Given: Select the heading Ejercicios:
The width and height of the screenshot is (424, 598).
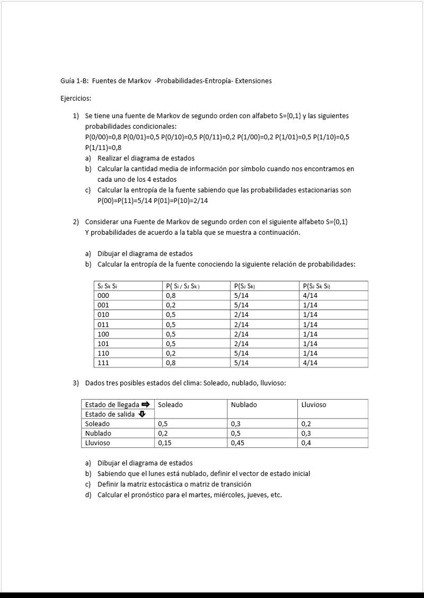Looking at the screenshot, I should coord(76,98).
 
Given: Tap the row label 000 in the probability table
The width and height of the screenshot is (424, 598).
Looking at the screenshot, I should coord(103,295).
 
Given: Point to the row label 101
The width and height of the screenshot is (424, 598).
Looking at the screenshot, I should coord(103,344).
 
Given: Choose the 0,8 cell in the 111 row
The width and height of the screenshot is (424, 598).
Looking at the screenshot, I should coord(171,363).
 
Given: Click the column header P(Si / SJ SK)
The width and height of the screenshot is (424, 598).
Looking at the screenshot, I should coord(182,286).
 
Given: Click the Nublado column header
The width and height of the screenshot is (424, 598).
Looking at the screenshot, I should coord(244,404).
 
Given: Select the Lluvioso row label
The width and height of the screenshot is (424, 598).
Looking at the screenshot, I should coord(98,443).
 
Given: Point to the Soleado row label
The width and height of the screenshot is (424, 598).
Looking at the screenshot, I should coord(98,424).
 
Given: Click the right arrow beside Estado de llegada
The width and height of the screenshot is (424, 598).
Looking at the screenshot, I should coord(146,404).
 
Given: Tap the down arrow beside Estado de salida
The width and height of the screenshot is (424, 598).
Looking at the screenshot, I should coord(142,414).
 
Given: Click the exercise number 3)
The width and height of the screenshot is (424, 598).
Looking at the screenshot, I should coord(76,383).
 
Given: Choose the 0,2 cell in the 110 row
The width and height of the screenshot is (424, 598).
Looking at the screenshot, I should coord(171,353).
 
